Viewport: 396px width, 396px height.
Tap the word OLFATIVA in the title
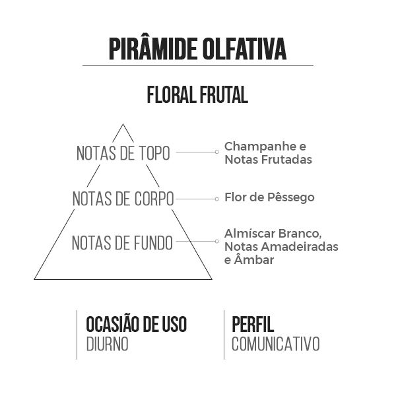[x=244, y=49]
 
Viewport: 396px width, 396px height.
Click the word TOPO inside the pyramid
[x=155, y=153]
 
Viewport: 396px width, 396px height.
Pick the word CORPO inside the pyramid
[x=154, y=199]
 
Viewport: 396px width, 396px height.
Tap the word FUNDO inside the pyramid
[x=153, y=243]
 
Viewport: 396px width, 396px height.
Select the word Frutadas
[x=286, y=159]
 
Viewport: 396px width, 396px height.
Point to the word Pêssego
[x=290, y=197]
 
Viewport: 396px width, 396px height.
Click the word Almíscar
[x=249, y=234]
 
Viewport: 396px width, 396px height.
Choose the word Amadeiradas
[x=300, y=246]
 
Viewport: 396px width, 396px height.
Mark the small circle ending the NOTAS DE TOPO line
[x=216, y=152]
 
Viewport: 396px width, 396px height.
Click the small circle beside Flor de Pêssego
[x=216, y=199]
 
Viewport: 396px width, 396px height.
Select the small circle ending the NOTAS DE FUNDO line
[x=216, y=241]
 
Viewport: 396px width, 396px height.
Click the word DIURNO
[x=108, y=344]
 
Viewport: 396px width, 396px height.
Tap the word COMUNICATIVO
[x=276, y=344]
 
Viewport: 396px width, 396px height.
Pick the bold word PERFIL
[x=253, y=324]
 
